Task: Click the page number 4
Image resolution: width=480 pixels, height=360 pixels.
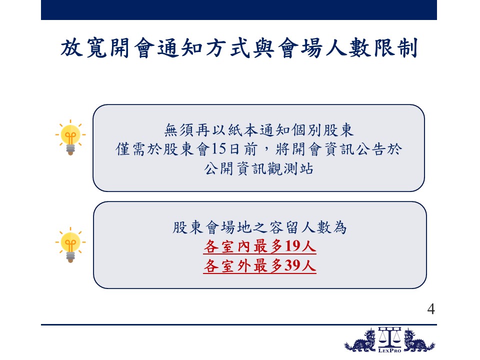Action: pyautogui.click(x=431, y=309)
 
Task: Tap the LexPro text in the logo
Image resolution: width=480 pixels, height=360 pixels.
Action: pyautogui.click(x=389, y=350)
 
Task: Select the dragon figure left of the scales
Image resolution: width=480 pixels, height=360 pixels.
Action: pyautogui.click(x=360, y=340)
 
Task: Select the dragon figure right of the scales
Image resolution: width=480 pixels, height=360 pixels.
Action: pyautogui.click(x=418, y=340)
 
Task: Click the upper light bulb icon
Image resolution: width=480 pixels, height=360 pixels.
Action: pyautogui.click(x=70, y=137)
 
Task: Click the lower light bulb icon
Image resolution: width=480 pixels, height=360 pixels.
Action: pyautogui.click(x=70, y=245)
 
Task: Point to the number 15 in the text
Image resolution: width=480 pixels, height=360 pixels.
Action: pyautogui.click(x=218, y=149)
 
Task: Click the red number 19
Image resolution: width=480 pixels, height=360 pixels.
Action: pyautogui.click(x=292, y=246)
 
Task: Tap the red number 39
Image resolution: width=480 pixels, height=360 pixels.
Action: pyautogui.click(x=292, y=265)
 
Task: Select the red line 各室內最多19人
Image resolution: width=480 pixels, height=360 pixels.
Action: pyautogui.click(x=259, y=246)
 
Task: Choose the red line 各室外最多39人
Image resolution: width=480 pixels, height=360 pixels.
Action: pyautogui.click(x=259, y=265)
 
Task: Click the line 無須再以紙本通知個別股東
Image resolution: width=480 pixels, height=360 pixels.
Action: pyautogui.click(x=259, y=130)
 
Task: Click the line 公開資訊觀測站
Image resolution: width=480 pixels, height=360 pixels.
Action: pyautogui.click(x=258, y=168)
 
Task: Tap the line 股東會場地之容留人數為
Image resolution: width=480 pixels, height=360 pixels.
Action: pyautogui.click(x=259, y=227)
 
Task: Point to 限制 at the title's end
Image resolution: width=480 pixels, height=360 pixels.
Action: pyautogui.click(x=395, y=48)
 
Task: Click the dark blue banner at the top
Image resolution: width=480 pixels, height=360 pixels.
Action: pyautogui.click(x=239, y=10)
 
